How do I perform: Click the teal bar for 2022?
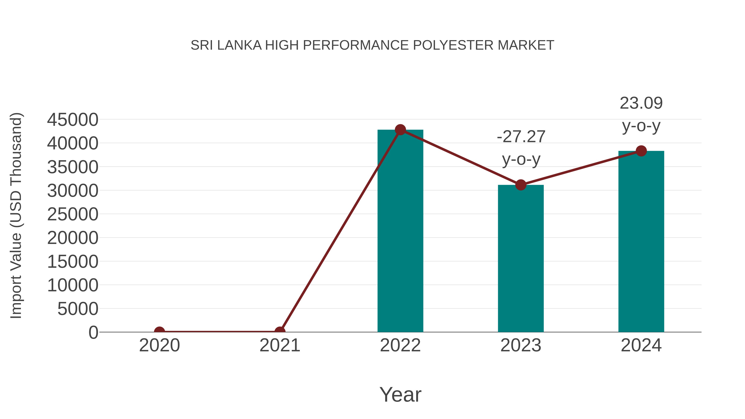400,231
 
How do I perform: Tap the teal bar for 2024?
641,241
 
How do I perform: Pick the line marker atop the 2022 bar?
400,130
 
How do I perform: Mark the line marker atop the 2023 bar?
521,185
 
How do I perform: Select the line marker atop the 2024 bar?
641,151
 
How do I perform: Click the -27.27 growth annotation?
521,137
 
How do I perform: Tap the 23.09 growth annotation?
641,103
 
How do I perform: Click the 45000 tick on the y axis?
73,120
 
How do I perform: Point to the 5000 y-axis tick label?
78,309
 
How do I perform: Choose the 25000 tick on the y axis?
73,214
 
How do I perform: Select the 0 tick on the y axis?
93,333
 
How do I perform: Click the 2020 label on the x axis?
159,345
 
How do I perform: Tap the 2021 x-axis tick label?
280,345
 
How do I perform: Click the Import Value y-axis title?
16,215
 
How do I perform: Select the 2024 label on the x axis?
641,345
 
